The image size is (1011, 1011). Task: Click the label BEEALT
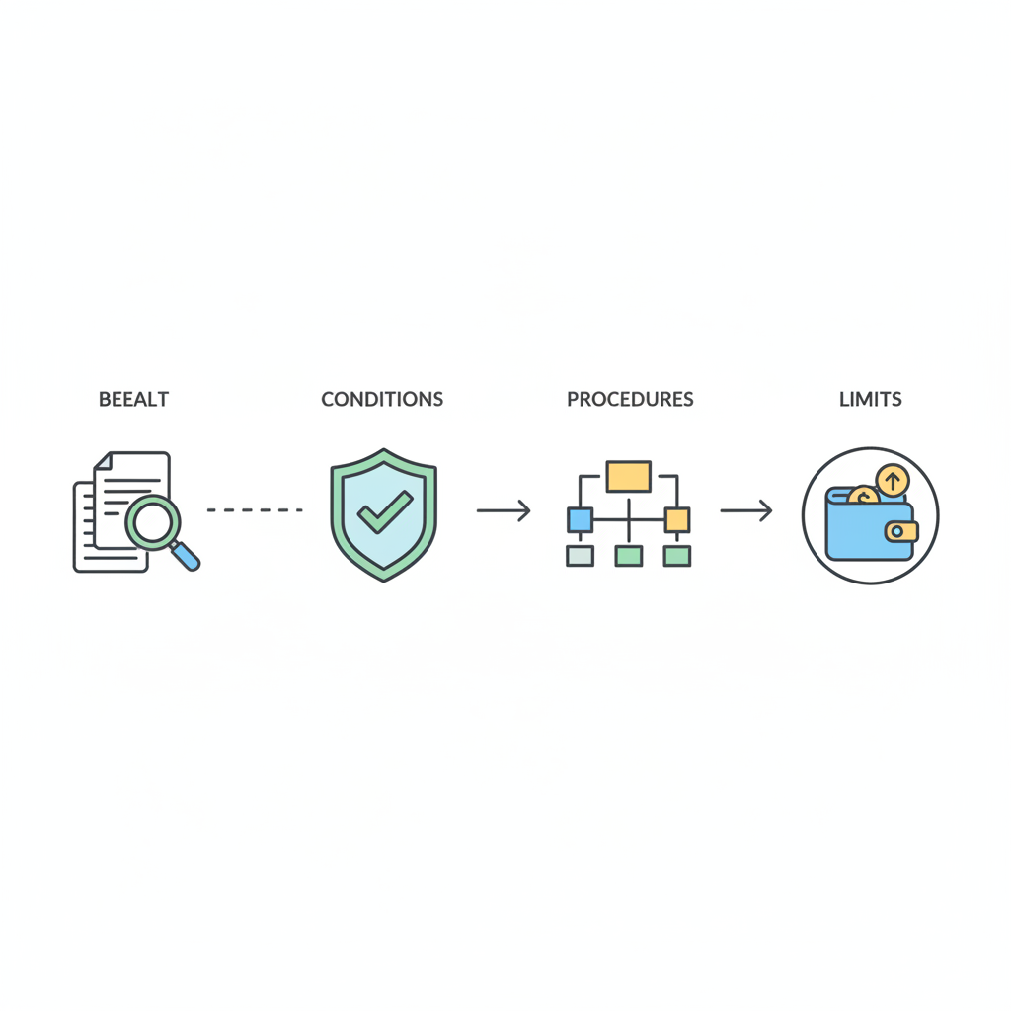pyautogui.click(x=133, y=400)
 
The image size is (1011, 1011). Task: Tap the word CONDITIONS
pyautogui.click(x=382, y=400)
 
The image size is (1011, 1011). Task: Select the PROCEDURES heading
pyautogui.click(x=630, y=400)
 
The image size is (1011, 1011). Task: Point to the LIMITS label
pyautogui.click(x=870, y=400)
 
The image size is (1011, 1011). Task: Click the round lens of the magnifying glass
pyautogui.click(x=153, y=522)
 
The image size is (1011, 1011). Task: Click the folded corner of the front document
pyautogui.click(x=103, y=461)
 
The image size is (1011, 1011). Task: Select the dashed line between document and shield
pyautogui.click(x=255, y=510)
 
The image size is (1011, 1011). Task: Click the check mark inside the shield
pyautogui.click(x=384, y=511)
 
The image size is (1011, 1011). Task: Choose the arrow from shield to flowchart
pyautogui.click(x=504, y=510)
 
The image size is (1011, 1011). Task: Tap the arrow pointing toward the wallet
pyautogui.click(x=745, y=510)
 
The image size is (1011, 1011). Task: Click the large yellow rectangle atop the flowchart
pyautogui.click(x=628, y=476)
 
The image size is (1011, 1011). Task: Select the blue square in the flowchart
pyautogui.click(x=580, y=519)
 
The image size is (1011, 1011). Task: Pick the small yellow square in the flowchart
pyautogui.click(x=676, y=519)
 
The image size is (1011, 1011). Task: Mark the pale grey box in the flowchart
pyautogui.click(x=580, y=556)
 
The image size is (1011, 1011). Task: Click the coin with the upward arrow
pyautogui.click(x=892, y=481)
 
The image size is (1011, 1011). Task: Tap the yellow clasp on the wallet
pyautogui.click(x=899, y=532)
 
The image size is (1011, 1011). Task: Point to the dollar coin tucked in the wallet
pyautogui.click(x=862, y=496)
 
